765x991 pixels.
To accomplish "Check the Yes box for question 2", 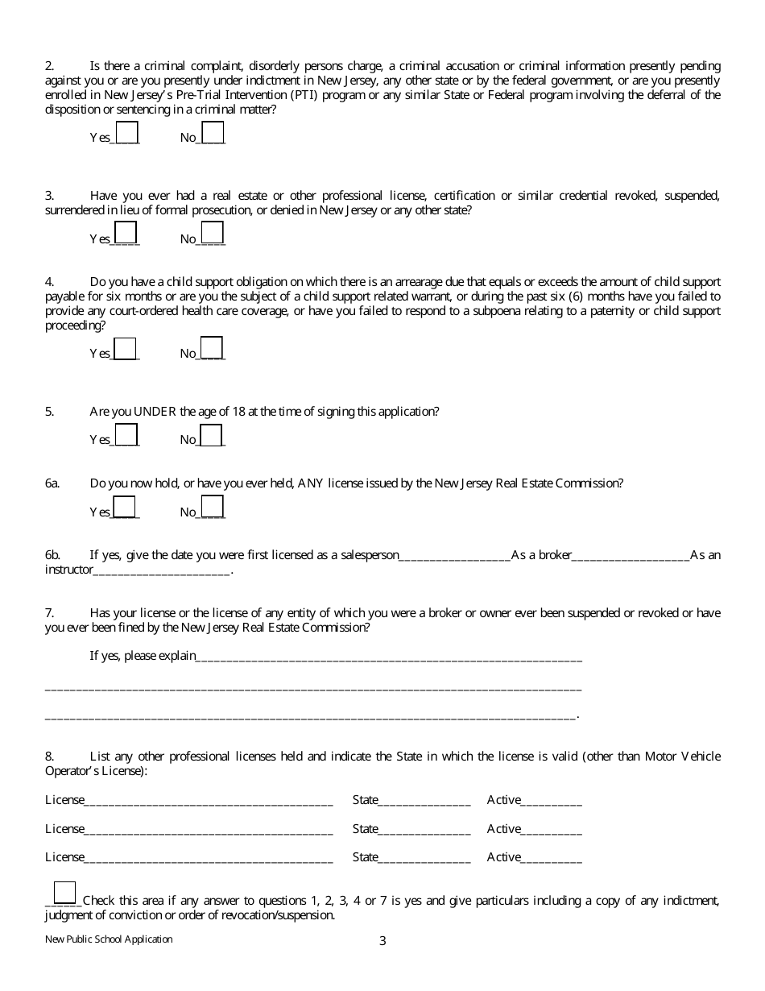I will pos(127,132).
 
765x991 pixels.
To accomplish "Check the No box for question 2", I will pos(213,132).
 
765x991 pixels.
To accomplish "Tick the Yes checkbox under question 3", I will pos(126,233).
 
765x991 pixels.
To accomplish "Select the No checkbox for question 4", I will pos(212,347).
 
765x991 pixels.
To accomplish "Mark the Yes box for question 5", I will pos(126,434).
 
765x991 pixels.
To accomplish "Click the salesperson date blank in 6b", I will pos(455,555).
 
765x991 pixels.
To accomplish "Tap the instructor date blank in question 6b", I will pos(162,570).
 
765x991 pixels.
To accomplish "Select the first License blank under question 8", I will pos(209,801).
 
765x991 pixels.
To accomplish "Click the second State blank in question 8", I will pos(424,829).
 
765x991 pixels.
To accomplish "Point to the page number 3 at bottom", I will pos(382,940).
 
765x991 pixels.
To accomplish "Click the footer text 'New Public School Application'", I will pos(109,939).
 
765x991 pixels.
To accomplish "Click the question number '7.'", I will pos(49,613).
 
